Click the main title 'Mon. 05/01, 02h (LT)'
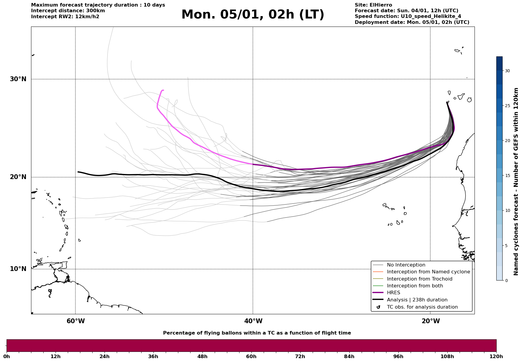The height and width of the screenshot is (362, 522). (253, 15)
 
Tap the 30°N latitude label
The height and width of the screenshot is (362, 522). (18, 79)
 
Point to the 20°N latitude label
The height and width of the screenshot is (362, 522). (18, 177)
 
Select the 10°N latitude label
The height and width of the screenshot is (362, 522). (18, 269)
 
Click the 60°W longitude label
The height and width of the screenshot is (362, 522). (76, 321)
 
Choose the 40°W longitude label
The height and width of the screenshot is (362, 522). (253, 321)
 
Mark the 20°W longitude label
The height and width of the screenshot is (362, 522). (431, 321)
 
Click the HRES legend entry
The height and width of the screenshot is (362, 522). (393, 293)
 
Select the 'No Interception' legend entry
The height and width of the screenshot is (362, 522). (406, 265)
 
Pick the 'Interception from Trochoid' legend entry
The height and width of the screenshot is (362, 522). (419, 279)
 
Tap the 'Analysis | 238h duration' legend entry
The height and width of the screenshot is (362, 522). (417, 300)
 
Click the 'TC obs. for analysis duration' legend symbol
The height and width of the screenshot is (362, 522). (378, 307)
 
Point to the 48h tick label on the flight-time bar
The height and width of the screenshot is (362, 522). (202, 356)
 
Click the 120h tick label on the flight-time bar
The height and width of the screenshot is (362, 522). (496, 356)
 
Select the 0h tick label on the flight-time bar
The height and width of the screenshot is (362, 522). (7, 356)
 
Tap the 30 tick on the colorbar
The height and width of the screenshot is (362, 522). (507, 71)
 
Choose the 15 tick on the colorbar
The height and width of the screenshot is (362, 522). (507, 175)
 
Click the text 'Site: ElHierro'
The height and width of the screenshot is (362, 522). (373, 5)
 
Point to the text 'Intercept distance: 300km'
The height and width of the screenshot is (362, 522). (68, 11)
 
